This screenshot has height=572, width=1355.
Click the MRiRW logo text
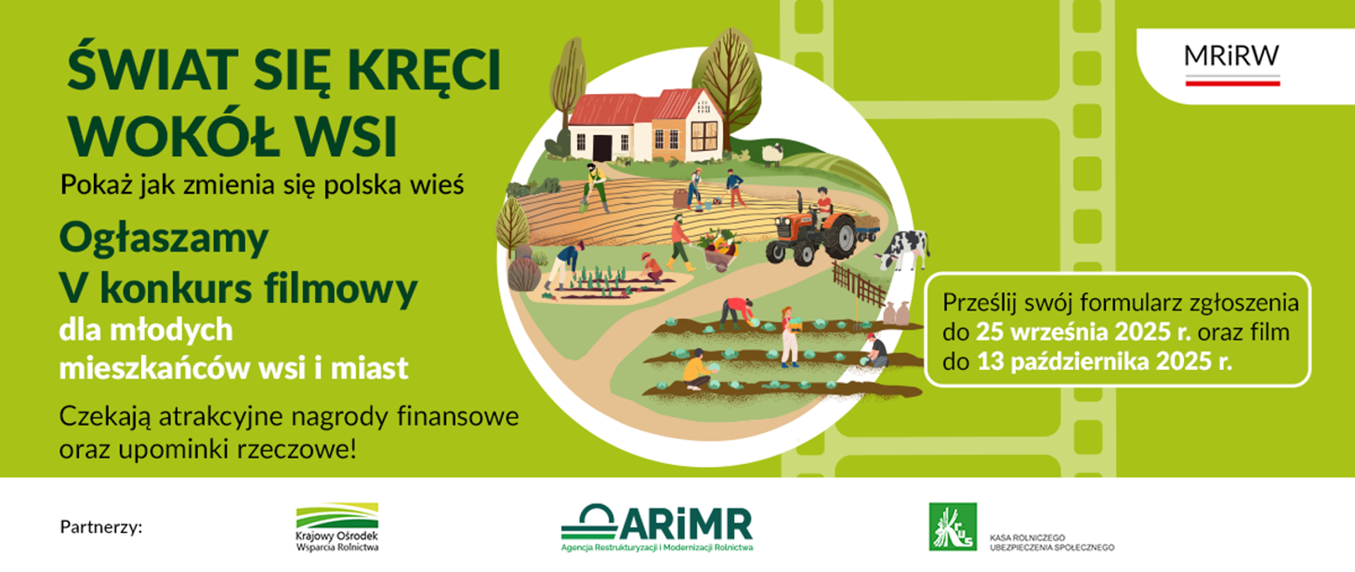(x=1231, y=56)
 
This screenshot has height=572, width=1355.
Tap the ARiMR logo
(x=657, y=527)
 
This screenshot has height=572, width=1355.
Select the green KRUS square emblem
(x=953, y=527)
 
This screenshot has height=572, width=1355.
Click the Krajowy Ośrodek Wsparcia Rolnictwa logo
(x=337, y=527)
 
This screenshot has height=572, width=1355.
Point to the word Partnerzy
(x=101, y=528)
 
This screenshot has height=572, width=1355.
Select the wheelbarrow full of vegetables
(x=720, y=249)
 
